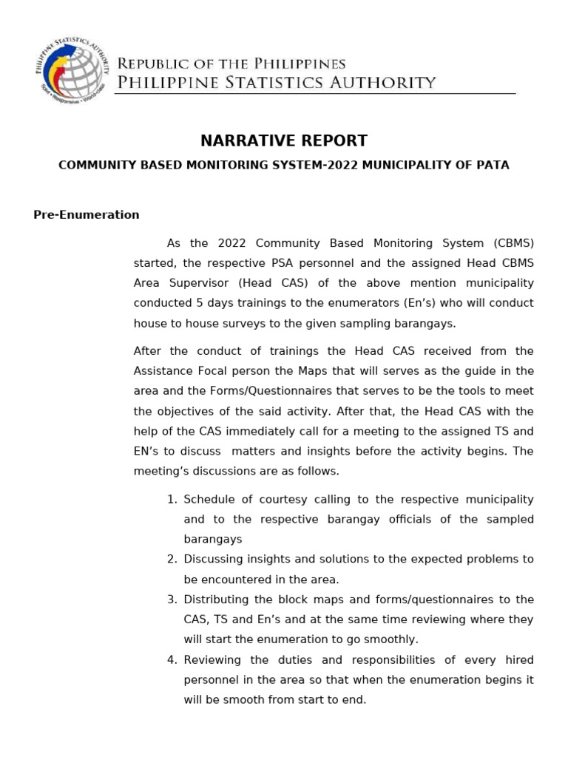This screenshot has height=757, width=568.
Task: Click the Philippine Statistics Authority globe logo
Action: [x=71, y=72]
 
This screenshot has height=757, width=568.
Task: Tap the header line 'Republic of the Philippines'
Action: [x=231, y=64]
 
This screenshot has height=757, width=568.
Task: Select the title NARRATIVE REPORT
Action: [x=284, y=140]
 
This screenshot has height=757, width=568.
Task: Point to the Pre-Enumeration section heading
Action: [x=87, y=215]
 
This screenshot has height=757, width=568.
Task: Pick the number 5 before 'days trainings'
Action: [x=200, y=303]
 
